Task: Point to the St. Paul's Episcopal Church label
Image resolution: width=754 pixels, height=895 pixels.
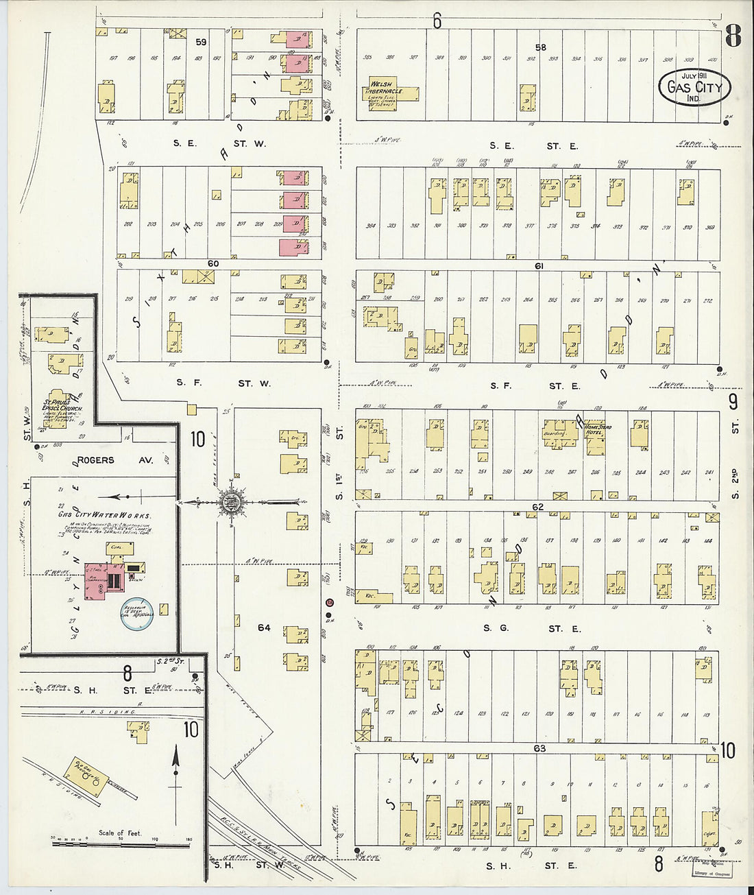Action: click(63, 405)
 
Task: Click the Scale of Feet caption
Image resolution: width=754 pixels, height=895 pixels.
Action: click(120, 833)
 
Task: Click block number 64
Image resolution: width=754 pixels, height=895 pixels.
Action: click(264, 628)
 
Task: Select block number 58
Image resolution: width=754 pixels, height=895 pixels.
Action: click(541, 47)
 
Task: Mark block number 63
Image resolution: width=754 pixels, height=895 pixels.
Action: click(539, 748)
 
